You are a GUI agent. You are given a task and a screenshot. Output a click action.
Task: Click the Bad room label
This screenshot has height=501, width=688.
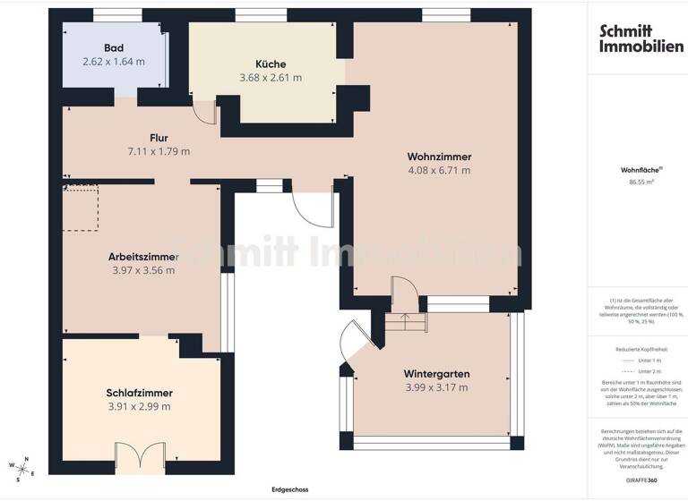tap(113, 47)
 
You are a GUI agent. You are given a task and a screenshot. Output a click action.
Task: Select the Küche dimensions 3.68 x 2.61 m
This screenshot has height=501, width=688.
tap(271, 78)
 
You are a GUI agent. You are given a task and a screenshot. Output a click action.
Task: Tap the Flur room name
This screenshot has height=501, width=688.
tap(159, 138)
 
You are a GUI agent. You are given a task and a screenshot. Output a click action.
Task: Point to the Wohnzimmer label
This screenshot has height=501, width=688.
tap(438, 155)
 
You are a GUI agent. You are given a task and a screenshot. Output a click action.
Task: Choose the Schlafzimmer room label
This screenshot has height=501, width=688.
tap(139, 393)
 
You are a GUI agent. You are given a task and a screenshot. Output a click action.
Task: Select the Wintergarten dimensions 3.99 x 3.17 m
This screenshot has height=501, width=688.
tap(436, 387)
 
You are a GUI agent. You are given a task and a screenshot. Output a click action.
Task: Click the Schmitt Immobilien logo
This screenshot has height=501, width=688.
tap(641, 38)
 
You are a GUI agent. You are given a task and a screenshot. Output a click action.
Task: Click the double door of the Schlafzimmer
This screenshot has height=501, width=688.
tap(140, 457)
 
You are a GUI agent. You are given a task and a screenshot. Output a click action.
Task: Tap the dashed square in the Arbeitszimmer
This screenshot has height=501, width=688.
tap(80, 208)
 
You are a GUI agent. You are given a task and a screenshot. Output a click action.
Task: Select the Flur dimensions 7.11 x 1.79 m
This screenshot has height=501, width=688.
tap(159, 152)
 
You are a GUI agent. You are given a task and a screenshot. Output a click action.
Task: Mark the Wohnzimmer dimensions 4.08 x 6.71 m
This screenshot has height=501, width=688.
tap(438, 170)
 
